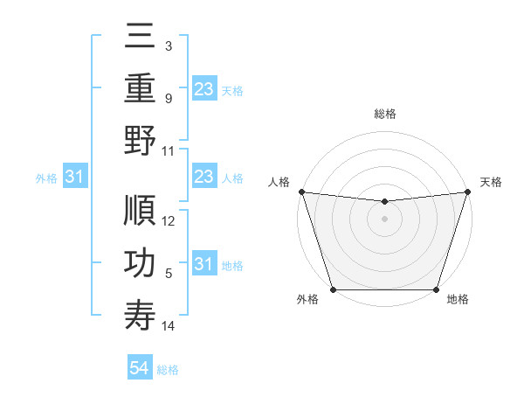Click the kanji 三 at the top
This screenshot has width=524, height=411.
coord(140,36)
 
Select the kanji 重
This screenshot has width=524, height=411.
coord(140,88)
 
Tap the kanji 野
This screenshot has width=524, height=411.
coord(140,141)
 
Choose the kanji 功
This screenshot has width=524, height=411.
coord(140,264)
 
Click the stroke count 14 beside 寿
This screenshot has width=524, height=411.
coord(169,326)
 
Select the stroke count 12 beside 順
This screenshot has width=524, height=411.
coord(169,221)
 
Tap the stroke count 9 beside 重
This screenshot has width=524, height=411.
coord(168,98)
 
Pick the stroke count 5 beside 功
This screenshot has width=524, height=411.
coord(168,274)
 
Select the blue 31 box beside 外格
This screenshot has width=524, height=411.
coord(75,178)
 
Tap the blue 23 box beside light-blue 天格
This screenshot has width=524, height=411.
coord(204,88)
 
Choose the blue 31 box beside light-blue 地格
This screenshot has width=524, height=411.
coord(204,264)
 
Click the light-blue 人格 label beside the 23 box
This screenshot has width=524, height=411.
coord(232,178)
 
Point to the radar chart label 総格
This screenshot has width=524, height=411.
coord(384,114)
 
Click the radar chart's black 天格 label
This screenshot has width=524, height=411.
coord(491,182)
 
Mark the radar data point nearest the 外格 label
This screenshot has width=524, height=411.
coord(334,289)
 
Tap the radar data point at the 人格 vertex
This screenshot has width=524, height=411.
coord(301,192)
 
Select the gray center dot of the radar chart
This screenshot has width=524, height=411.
coord(384,219)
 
